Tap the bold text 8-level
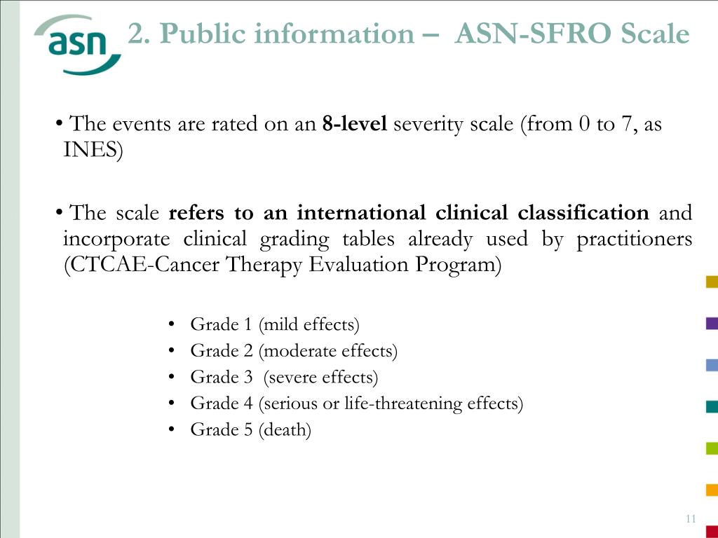[354, 125]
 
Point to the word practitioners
[634, 239]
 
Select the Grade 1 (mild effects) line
[274, 324]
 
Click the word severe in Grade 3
[292, 378]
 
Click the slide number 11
[690, 519]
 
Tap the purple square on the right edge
[712, 323]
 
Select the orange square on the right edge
[712, 490]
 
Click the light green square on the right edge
[712, 448]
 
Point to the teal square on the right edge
[712, 406]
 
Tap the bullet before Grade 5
[172, 430]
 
